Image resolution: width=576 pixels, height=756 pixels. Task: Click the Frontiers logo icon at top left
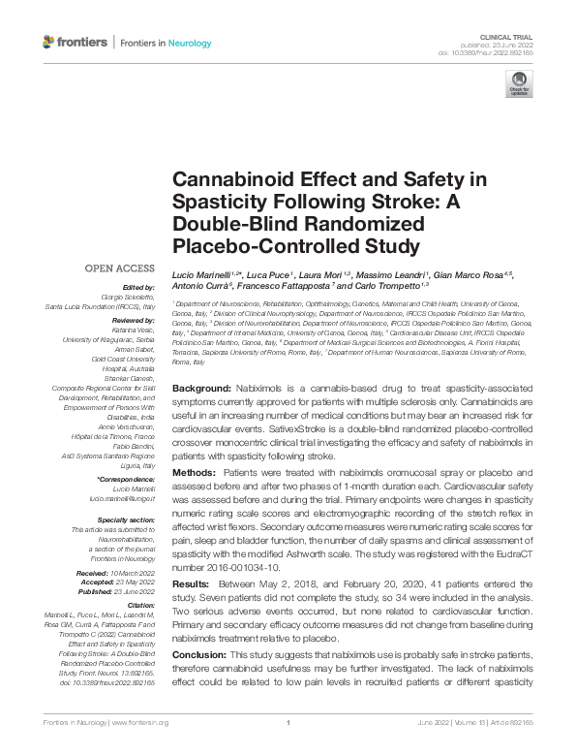[x=49, y=43]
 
